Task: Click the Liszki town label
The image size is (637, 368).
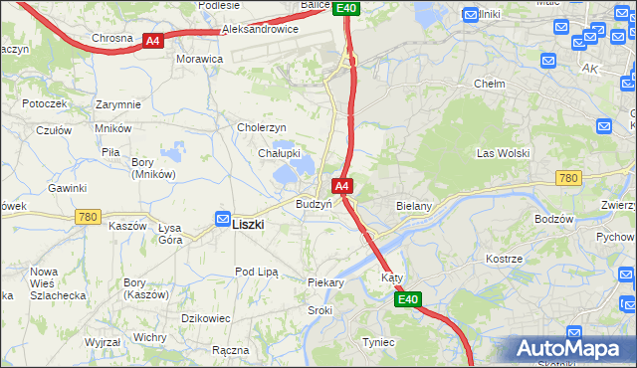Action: point(248,225)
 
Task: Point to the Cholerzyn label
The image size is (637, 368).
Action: point(262,127)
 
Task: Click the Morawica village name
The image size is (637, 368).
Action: point(199,59)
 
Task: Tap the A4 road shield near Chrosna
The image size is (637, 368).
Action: point(152,41)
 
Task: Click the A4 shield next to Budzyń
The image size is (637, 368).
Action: point(341,186)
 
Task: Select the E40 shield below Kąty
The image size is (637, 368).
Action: point(407,299)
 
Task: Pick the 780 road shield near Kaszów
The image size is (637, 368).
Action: point(88,216)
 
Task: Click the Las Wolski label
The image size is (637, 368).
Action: point(503,153)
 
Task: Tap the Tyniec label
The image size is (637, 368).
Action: point(378,342)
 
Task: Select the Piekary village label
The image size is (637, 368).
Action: point(325,283)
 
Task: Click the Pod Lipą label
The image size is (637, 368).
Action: point(256,272)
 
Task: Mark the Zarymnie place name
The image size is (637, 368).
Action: point(118,104)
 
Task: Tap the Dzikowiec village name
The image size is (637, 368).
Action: point(206,318)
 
